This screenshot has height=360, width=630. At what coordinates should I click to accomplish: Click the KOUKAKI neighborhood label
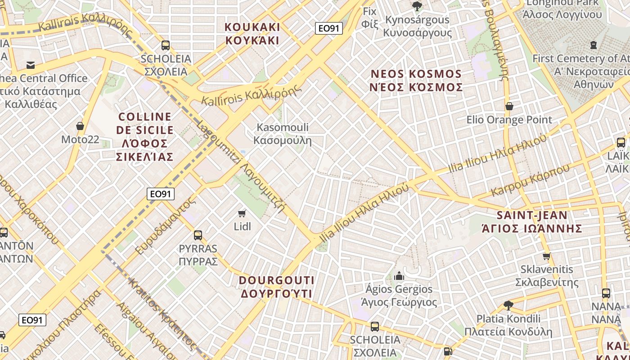pos(252,34)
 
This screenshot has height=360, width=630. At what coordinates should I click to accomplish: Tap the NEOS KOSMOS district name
pos(416,81)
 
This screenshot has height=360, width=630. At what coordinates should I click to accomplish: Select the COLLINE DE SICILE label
pos(144,136)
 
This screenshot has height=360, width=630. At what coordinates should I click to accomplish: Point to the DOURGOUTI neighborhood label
pos(276,287)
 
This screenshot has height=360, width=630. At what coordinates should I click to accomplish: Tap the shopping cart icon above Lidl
pos(242,213)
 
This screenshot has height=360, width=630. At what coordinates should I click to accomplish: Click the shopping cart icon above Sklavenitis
pos(546,256)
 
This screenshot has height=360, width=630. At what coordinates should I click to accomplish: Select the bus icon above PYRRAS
pos(198,235)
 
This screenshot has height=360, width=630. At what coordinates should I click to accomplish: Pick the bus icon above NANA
pos(606,293)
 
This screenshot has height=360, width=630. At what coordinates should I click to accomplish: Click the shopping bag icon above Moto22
pos(80,126)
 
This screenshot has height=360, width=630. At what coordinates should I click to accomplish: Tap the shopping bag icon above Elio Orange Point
pos(509,106)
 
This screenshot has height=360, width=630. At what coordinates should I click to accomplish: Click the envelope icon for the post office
pos(31,65)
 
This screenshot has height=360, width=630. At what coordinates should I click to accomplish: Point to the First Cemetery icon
pos(593,45)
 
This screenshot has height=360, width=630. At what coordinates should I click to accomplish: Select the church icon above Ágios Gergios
pos(399,276)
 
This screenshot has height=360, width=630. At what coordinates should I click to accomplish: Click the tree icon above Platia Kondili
pos(508,306)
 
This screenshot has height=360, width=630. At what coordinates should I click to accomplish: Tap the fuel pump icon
pos(447,351)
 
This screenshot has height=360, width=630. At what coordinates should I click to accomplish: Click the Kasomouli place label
pos(283,134)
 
